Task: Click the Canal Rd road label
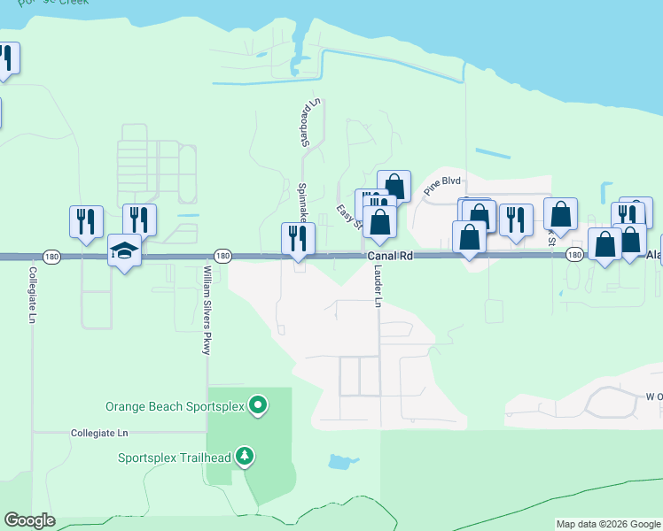(391, 255)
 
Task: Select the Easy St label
(349, 216)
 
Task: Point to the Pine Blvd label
(443, 183)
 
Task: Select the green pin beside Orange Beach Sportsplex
(258, 405)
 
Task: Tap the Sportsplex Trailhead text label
(175, 458)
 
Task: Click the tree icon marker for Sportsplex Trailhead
(246, 457)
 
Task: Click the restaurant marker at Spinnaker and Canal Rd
(298, 238)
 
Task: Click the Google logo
(29, 520)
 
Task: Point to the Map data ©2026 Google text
(608, 524)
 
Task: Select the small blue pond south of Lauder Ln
(340, 462)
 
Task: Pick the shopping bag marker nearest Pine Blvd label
(394, 186)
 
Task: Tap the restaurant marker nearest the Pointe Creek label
(6, 58)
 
